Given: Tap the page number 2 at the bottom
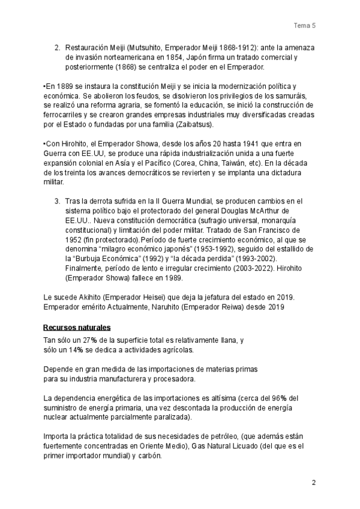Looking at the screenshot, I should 313,483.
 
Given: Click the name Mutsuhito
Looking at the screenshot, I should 143,47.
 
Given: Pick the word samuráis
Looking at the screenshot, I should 288,96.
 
